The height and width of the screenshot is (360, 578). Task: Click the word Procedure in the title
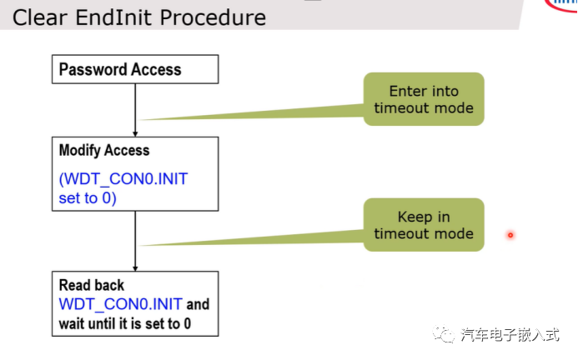213,17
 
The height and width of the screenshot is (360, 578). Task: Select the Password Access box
135,69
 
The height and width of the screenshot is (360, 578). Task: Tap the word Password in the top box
93,69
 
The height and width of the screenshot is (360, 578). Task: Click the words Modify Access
104,150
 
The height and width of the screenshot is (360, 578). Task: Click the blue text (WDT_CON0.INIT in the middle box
123,179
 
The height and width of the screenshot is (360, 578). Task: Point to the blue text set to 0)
88,198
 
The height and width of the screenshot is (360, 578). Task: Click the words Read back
92,285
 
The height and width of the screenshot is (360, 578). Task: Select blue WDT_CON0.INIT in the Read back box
121,304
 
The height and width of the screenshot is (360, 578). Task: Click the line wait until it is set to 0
125,324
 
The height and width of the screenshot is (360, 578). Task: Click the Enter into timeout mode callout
424,99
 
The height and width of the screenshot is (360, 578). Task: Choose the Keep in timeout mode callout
424,225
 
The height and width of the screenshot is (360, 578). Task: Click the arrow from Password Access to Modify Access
135,110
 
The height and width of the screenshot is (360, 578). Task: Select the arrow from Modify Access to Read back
135,242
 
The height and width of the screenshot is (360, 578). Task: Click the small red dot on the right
510,235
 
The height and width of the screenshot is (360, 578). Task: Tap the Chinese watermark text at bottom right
510,335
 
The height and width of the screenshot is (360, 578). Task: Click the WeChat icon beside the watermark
444,334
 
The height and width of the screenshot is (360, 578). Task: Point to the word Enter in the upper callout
405,91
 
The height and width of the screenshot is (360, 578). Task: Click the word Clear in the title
40,17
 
